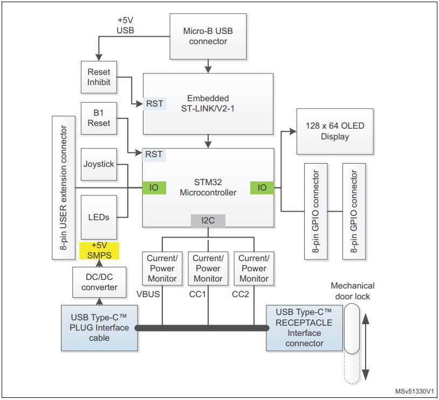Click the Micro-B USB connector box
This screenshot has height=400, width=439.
coord(208,36)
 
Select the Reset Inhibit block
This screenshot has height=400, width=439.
coord(99,77)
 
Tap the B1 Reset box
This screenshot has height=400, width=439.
coord(99,118)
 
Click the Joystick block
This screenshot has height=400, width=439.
coord(99,164)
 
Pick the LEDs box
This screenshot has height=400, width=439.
coord(99,217)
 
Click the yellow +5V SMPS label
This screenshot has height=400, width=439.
coord(99,250)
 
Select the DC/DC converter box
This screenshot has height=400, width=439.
coord(99,282)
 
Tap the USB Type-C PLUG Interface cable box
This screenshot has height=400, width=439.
coord(99,328)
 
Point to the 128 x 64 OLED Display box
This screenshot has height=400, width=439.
coord(334,132)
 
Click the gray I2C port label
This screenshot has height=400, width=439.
coord(208,220)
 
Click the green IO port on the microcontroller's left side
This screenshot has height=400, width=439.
coord(154,187)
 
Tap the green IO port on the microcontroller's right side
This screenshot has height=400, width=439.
coord(262,187)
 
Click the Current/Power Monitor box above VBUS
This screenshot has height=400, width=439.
coord(162,268)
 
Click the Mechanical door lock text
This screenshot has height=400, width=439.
coord(353,291)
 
